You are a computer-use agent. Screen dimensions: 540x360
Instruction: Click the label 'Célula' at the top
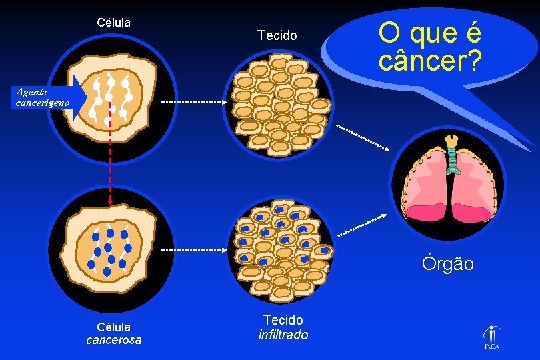(x=113, y=22)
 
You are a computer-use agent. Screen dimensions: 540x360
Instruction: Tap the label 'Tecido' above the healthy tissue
(x=277, y=35)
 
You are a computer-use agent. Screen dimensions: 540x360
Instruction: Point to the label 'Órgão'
(x=447, y=264)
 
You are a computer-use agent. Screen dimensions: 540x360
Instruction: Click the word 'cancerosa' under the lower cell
(x=113, y=340)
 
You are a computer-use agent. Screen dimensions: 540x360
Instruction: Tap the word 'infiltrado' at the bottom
(x=283, y=335)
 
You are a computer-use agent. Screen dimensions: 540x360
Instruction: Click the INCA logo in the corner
(x=492, y=337)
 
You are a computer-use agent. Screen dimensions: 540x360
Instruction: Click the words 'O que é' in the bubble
(x=429, y=31)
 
